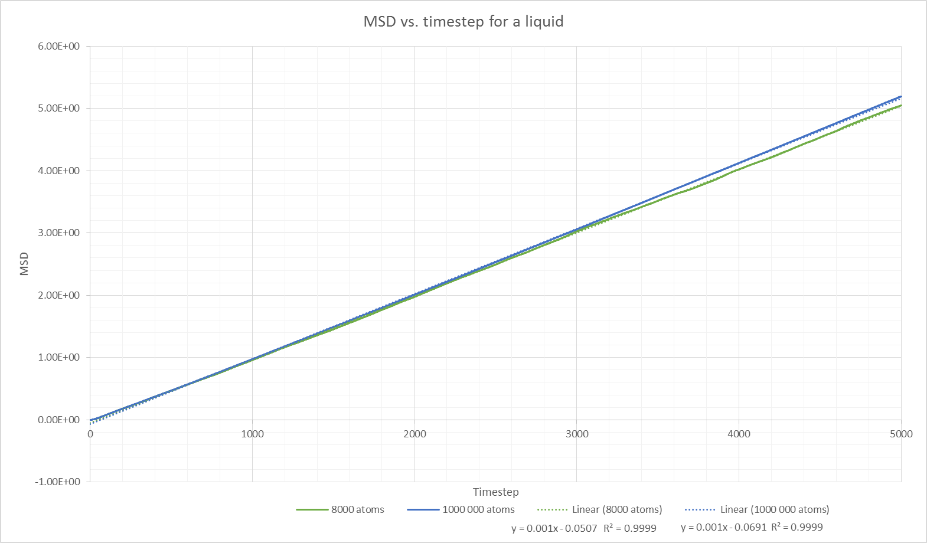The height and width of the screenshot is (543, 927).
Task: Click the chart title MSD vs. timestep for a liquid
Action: tap(463, 22)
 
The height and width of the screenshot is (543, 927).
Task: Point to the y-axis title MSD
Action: tap(24, 264)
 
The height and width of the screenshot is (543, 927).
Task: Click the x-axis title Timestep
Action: tap(495, 492)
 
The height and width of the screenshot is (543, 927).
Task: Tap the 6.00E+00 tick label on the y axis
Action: tap(58, 47)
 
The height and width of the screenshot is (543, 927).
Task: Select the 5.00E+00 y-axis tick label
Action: tap(58, 109)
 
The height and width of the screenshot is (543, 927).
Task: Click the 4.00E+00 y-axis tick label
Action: tap(58, 171)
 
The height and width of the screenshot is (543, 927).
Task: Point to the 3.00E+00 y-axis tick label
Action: tap(58, 233)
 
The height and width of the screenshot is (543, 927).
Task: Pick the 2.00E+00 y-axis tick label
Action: tap(58, 295)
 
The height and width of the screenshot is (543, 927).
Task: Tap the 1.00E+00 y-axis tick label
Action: tap(58, 357)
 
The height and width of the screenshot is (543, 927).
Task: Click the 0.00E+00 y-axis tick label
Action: tap(58, 420)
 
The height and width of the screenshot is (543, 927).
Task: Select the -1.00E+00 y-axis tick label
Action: tap(57, 482)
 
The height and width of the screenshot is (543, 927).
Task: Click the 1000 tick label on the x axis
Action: tap(252, 434)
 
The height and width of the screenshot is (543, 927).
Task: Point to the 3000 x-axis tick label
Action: tap(577, 434)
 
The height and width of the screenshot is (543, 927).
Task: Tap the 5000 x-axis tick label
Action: tap(901, 434)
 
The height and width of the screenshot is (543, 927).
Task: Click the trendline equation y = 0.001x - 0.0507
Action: tap(554, 528)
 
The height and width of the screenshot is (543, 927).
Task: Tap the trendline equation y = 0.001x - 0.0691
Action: tap(723, 527)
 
